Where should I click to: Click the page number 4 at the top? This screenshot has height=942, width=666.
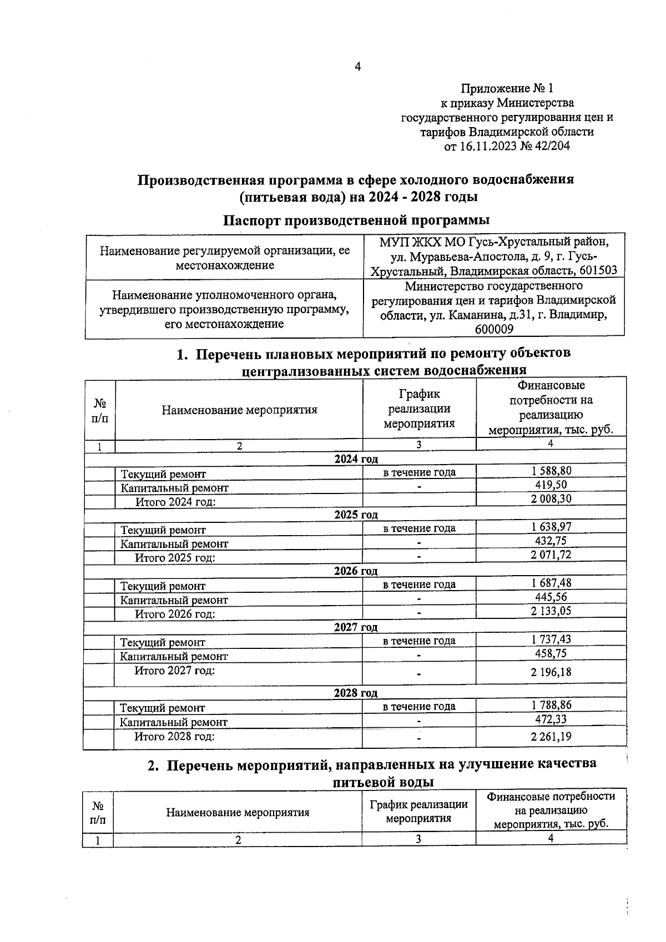point(357,67)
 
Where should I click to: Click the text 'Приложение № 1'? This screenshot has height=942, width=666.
point(507,88)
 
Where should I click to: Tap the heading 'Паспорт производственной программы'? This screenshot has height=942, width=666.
point(356,220)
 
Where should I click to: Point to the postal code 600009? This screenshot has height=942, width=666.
point(494,329)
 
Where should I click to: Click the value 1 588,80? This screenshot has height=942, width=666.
point(551,471)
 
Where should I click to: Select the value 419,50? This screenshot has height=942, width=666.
point(551,485)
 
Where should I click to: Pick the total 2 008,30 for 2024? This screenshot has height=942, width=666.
point(551,498)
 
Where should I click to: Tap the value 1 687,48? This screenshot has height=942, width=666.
point(551,583)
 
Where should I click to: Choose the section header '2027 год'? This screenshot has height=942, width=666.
point(356,627)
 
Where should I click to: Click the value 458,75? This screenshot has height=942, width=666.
point(551,653)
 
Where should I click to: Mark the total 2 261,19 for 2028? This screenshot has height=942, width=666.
point(551,737)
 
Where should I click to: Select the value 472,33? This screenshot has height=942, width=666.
point(551,719)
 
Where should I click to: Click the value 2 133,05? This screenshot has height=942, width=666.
point(551,611)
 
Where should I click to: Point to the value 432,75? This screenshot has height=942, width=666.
point(551,541)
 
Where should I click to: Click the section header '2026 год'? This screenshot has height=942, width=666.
point(356,571)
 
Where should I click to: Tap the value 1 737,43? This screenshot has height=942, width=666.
point(551,639)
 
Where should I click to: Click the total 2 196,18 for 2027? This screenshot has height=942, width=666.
point(551,672)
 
